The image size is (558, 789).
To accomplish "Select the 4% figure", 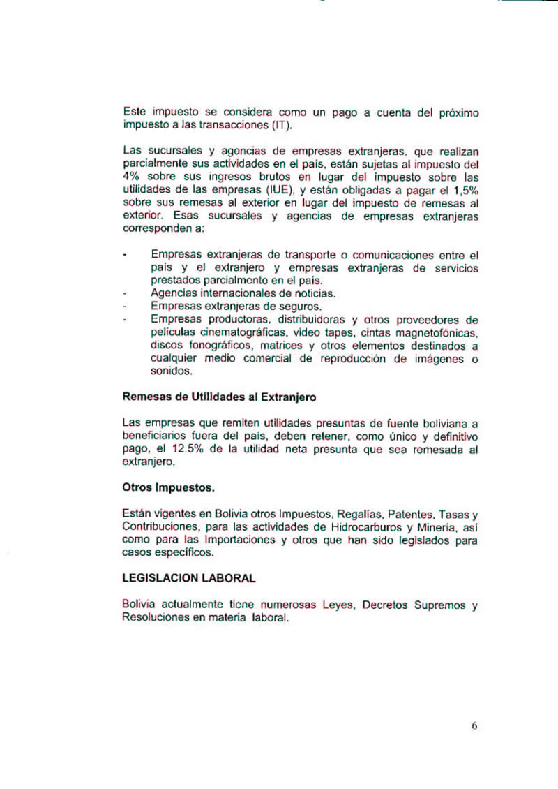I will coord(130,177).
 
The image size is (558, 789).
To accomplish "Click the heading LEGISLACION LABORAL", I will coord(188,579).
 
